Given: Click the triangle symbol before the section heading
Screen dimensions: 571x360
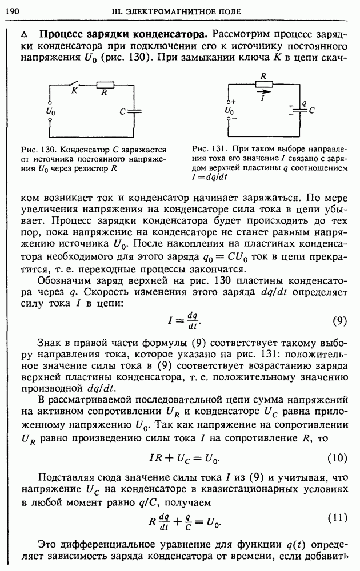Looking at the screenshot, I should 23,33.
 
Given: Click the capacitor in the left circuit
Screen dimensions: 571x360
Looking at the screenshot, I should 134,111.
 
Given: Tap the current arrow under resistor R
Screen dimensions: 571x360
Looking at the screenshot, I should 263,91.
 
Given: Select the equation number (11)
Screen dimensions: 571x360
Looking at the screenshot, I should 337,518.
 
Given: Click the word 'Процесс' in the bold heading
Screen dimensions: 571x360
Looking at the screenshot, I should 61,33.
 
